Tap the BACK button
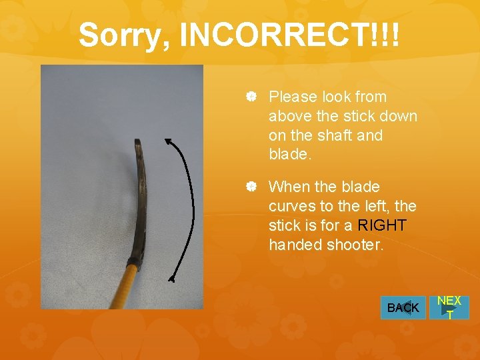coord(403,307)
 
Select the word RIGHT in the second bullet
coord(382,225)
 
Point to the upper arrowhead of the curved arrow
coord(167,140)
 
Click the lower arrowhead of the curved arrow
coord(171,280)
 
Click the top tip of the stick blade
coord(137,141)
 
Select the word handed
coord(295,245)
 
